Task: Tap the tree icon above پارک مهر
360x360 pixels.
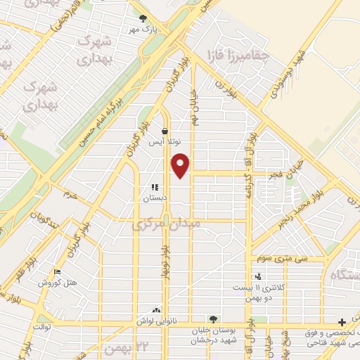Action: pos(144,18)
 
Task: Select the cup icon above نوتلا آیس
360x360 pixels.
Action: pos(164,130)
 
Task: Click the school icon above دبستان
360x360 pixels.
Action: pos(154,188)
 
